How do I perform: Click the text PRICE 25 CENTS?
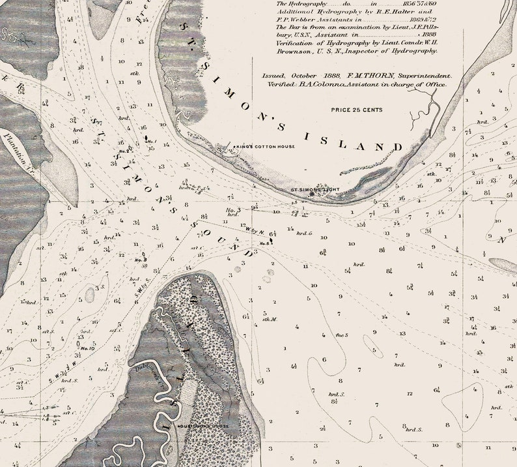pos(356,110)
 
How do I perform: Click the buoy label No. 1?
pos(151,142)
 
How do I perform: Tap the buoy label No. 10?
pos(87,348)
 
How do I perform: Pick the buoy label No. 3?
pos(233,210)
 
